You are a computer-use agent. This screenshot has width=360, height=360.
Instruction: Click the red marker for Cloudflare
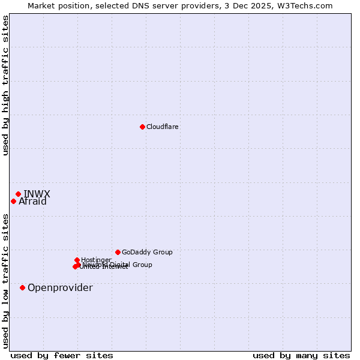(142, 127)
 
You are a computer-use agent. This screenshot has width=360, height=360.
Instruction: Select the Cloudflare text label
(163, 127)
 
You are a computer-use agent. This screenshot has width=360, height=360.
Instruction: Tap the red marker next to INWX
(18, 194)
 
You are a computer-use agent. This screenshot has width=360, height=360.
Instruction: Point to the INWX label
(37, 194)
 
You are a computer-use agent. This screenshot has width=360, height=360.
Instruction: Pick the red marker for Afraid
(13, 201)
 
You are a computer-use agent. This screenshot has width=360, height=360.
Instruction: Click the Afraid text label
(32, 202)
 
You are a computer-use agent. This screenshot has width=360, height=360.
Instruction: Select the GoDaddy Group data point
(118, 252)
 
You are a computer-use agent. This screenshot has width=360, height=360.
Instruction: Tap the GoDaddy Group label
(147, 252)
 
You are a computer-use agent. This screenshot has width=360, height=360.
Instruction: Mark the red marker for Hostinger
(77, 260)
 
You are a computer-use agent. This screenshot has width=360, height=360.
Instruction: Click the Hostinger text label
(96, 260)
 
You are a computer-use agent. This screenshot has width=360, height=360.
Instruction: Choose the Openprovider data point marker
(22, 287)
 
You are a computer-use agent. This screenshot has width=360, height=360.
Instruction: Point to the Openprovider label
(60, 288)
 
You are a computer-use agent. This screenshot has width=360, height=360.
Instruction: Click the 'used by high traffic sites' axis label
(5, 85)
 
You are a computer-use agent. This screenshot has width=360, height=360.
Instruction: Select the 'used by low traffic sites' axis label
(5, 281)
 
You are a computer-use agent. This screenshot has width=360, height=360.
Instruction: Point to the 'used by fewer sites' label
(62, 355)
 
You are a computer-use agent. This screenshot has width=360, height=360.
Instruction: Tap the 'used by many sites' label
(301, 355)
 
